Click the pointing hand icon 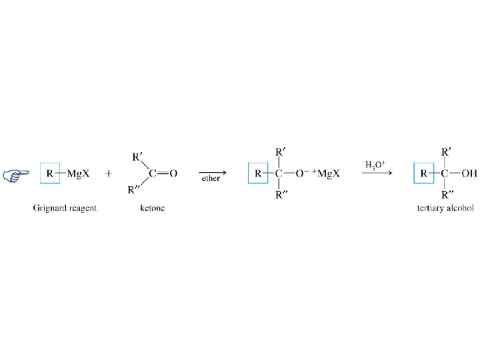(16, 175)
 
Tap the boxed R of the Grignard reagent (50, 174)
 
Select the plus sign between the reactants (109, 174)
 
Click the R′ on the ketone (137, 157)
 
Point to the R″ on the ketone (135, 190)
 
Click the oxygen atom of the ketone (173, 174)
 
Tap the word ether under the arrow (211, 179)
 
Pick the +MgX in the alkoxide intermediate (325, 174)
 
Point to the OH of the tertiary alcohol (469, 174)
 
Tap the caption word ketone (153, 208)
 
